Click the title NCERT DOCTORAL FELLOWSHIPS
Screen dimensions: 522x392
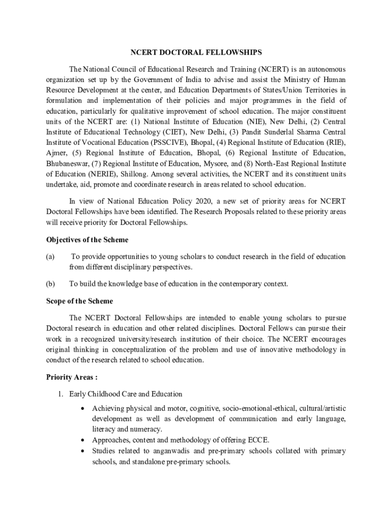[x=196, y=53]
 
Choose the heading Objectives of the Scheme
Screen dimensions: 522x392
[x=87, y=240]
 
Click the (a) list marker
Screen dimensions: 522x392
[x=50, y=256]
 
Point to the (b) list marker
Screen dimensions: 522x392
[x=50, y=284]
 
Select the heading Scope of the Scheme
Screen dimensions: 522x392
[x=79, y=301]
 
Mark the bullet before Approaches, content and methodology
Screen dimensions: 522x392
[x=82, y=440]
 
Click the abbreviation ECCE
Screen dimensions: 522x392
[x=259, y=440]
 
